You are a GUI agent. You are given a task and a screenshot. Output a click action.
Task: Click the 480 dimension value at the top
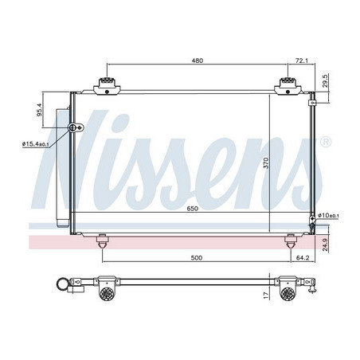[198, 61]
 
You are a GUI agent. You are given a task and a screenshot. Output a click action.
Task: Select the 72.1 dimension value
[302, 61]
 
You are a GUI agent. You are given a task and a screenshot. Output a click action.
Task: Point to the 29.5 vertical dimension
[326, 80]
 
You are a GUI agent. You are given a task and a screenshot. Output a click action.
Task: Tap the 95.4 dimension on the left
[40, 110]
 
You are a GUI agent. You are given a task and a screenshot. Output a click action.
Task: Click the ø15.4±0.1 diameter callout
[36, 144]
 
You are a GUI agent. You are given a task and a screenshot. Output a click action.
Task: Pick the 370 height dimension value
[266, 162]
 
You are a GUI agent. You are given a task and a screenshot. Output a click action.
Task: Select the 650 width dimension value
[192, 209]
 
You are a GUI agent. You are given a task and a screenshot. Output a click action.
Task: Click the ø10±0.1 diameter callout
[328, 215]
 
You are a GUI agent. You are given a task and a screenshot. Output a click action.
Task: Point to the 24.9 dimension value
[326, 245]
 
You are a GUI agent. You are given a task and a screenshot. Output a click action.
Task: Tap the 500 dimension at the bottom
[197, 258]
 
